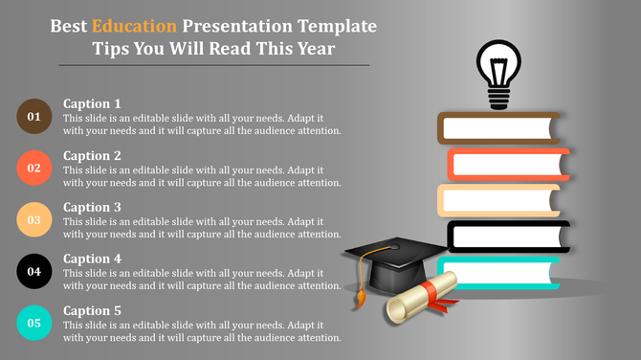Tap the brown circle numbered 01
(x=34, y=116)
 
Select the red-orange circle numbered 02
(x=34, y=168)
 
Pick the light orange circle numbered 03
(x=34, y=219)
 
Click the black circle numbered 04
(x=34, y=271)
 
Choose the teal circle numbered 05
(x=34, y=323)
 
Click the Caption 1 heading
(x=92, y=103)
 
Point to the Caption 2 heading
(x=92, y=155)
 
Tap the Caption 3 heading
(x=92, y=207)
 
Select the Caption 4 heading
(x=92, y=259)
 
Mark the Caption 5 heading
(x=92, y=310)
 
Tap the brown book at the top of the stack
(x=498, y=128)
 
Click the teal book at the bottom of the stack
(x=498, y=272)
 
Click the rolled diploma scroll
(x=421, y=297)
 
